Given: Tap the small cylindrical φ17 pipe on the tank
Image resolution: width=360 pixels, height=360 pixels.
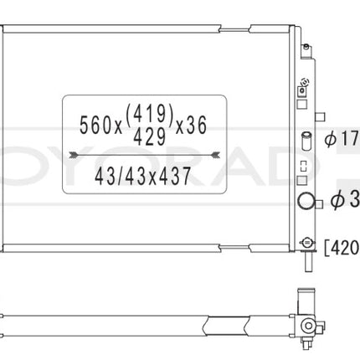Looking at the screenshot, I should tap(306, 139).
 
